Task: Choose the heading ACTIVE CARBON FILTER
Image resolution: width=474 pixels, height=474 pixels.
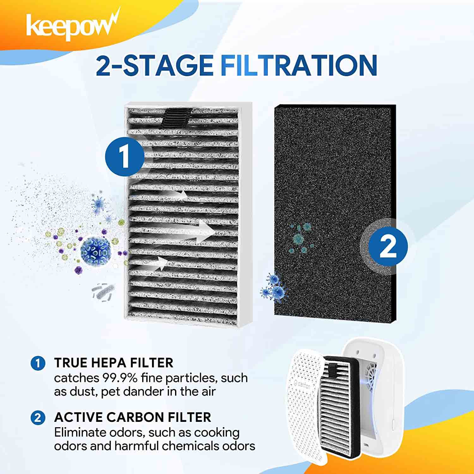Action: click(x=132, y=417)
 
